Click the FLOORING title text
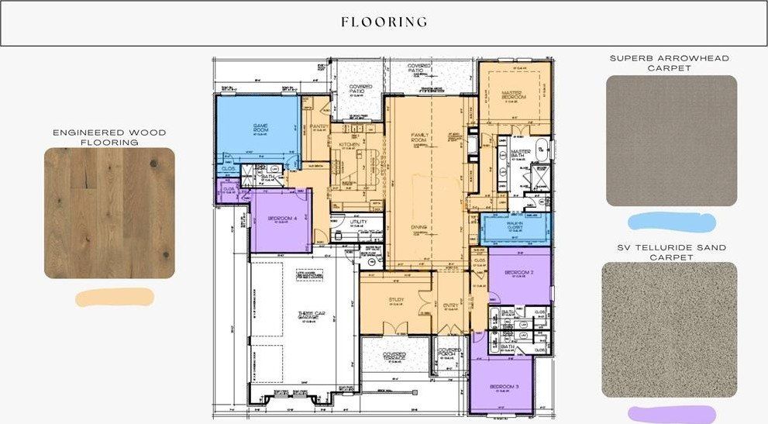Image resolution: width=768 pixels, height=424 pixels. [384, 22]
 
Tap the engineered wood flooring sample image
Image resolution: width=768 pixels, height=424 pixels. [109, 213]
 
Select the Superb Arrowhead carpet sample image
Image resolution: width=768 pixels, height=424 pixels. [671, 141]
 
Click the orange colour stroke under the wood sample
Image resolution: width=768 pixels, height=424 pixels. [115, 297]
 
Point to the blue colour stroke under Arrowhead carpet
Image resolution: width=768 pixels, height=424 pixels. [671, 223]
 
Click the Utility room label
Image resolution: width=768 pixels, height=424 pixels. [358, 222]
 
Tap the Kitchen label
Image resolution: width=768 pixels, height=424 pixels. [346, 144]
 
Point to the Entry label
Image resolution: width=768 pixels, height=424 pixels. [450, 305]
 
